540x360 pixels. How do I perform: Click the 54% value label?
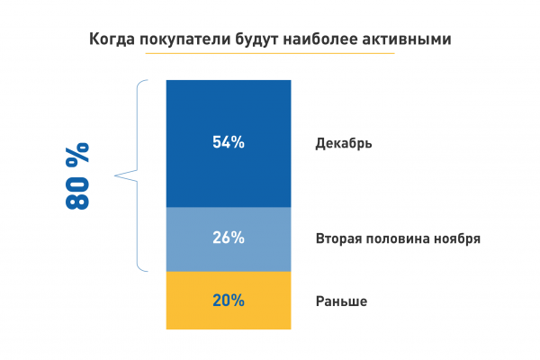[x=228, y=142]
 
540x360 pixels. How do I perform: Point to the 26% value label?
[x=228, y=238]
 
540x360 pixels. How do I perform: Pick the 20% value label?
[x=228, y=301]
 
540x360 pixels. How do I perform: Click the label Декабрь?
[x=344, y=143]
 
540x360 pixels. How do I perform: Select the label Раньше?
[x=341, y=301]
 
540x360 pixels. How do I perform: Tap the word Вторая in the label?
[x=337, y=239]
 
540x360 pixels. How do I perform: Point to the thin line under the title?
[x=270, y=53]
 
